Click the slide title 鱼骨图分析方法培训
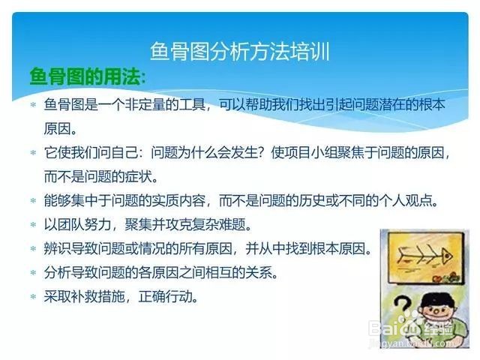(240, 52)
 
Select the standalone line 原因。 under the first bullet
(60, 128)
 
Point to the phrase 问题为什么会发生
(204, 152)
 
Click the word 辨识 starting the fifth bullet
(57, 248)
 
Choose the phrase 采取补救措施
(84, 296)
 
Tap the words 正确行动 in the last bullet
(165, 296)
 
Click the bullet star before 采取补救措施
(33, 297)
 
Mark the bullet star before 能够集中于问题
(33, 201)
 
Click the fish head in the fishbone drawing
(446, 256)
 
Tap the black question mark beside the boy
(402, 307)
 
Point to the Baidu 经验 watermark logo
(411, 330)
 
